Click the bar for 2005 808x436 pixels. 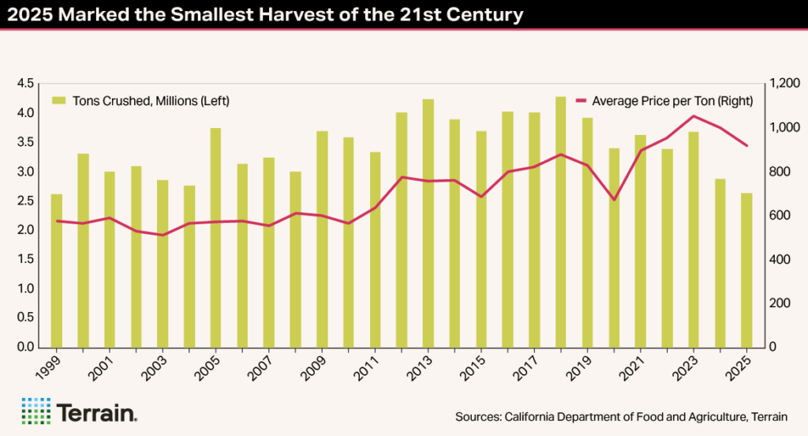(x=215, y=237)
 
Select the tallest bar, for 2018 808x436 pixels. (x=560, y=222)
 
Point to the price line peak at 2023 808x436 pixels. (x=693, y=116)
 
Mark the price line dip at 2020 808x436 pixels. (x=614, y=200)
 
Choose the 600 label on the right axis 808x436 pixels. (x=778, y=216)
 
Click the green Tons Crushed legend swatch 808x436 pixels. (x=58, y=101)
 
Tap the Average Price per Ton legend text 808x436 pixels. (x=671, y=101)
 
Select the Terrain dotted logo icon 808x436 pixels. (x=35, y=411)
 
